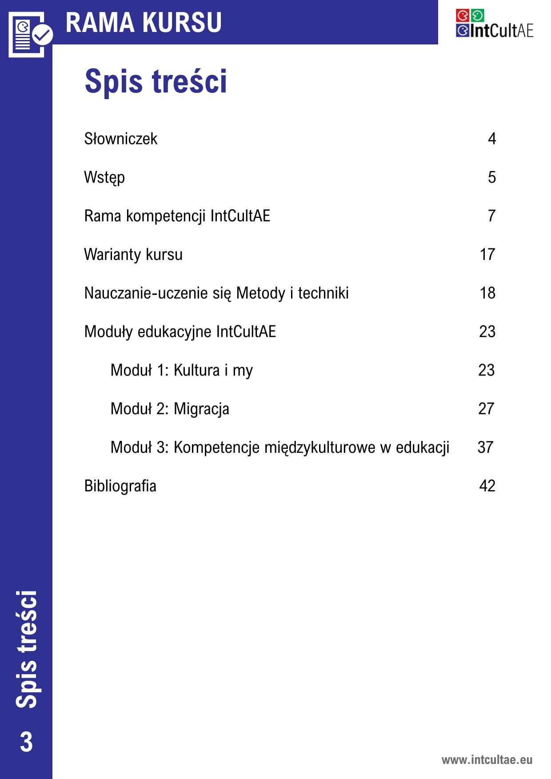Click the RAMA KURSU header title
pyautogui.click(x=144, y=22)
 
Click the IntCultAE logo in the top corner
pyautogui.click(x=494, y=24)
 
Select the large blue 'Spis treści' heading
pyautogui.click(x=156, y=81)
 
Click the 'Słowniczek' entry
pyautogui.click(x=120, y=139)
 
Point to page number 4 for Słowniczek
pyautogui.click(x=491, y=139)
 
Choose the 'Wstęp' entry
pyautogui.click(x=104, y=178)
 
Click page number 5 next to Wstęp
pyautogui.click(x=491, y=178)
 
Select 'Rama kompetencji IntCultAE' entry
pyautogui.click(x=177, y=216)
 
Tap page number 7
pyautogui.click(x=491, y=216)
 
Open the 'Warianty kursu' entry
pyautogui.click(x=133, y=255)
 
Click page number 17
pyautogui.click(x=487, y=255)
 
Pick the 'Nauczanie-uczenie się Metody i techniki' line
pyautogui.click(x=216, y=293)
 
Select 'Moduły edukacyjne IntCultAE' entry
pyautogui.click(x=180, y=332)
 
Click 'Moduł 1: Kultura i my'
pyautogui.click(x=181, y=370)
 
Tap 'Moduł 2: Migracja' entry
pyautogui.click(x=170, y=409)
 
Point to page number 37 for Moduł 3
pyautogui.click(x=485, y=447)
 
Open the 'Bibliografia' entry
pyautogui.click(x=120, y=486)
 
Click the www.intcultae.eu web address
pyautogui.click(x=487, y=759)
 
